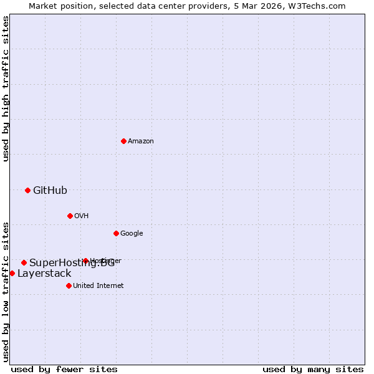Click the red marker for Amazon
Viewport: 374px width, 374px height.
point(123,141)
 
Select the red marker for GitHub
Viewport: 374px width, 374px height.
point(27,190)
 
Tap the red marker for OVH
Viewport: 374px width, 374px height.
point(70,216)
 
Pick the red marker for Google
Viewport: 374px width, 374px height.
point(116,233)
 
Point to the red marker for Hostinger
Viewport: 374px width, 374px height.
point(85,261)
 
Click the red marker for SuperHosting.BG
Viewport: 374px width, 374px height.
point(24,262)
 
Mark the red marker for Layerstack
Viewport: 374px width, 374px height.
point(12,273)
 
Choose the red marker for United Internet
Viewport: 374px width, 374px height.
point(69,285)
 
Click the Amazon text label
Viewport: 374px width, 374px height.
point(141,141)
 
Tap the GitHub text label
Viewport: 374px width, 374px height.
point(50,191)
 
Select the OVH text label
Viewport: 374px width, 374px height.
point(81,216)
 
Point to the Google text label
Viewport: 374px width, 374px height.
point(132,234)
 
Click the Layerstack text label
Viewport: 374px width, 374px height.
point(44,274)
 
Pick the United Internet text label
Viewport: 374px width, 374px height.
point(98,286)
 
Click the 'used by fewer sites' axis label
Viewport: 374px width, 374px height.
point(64,369)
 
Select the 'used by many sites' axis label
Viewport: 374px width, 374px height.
point(313,369)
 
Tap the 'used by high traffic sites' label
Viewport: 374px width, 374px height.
point(6,89)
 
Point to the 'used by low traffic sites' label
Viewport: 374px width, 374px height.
point(6,291)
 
